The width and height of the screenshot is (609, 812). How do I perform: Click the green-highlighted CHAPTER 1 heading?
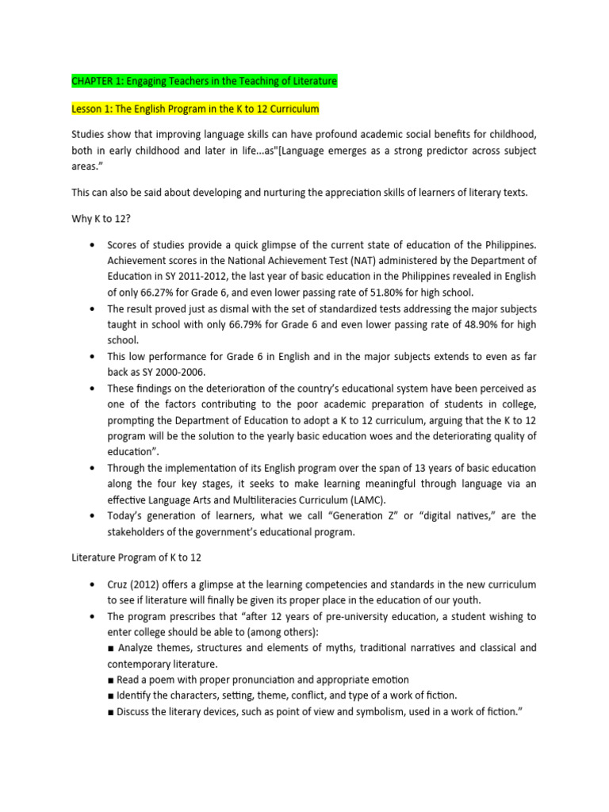pyautogui.click(x=204, y=82)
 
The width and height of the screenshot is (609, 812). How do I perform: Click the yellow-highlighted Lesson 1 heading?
pyautogui.click(x=195, y=108)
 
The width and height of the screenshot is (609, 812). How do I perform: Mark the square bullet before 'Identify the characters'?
pyautogui.click(x=110, y=695)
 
